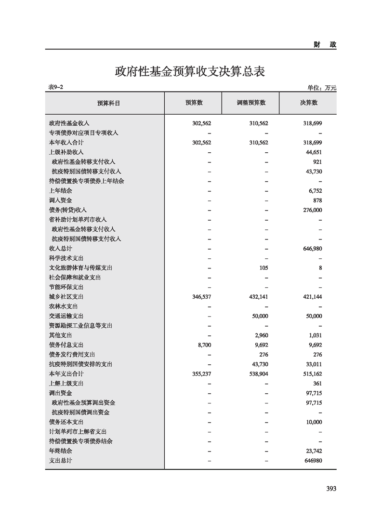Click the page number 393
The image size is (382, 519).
click(330, 488)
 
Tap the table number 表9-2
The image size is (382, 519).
click(56, 87)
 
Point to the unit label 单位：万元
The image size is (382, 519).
click(322, 88)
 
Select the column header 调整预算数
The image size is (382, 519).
click(251, 103)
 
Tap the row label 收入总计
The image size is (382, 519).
click(60, 249)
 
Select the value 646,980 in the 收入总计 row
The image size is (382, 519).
click(313, 249)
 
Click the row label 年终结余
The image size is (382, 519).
click(60, 451)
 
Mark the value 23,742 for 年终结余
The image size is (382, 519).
click(314, 451)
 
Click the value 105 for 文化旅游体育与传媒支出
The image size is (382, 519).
click(263, 268)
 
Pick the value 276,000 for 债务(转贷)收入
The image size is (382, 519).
click(313, 210)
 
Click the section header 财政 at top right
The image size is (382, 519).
click(324, 44)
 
